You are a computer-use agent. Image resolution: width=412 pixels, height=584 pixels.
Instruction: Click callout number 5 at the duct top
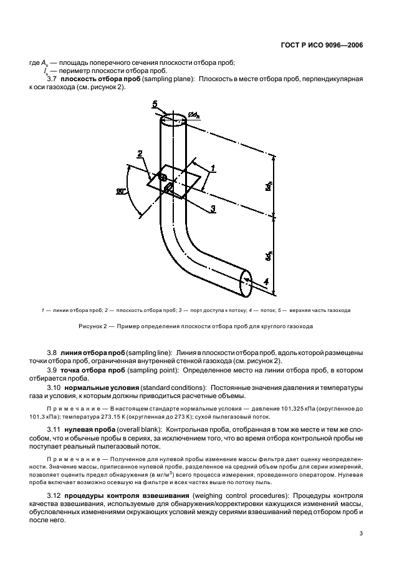point(156,104)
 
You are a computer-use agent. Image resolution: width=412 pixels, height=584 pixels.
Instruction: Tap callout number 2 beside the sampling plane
point(140,153)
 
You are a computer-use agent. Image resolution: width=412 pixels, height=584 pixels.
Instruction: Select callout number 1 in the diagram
point(213,168)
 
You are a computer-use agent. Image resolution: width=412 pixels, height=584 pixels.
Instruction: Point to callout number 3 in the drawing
point(212,208)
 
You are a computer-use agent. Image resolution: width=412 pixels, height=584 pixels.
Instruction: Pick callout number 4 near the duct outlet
point(266,282)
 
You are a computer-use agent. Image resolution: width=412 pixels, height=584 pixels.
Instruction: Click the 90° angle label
point(121,192)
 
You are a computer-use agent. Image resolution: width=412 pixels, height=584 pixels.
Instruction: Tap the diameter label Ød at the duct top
point(196,115)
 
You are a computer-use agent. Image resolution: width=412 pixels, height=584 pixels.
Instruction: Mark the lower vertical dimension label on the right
point(269,256)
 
